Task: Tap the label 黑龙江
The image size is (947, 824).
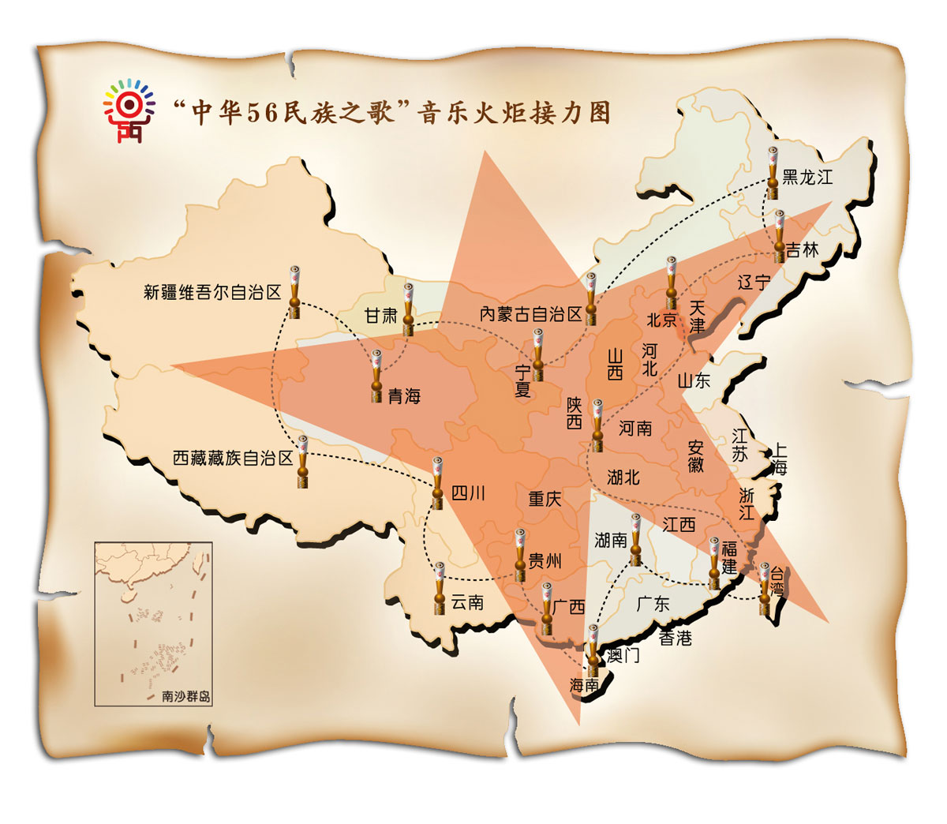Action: (x=807, y=177)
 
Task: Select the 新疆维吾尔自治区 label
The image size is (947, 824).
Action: (x=212, y=293)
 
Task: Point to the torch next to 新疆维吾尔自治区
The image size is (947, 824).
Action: (x=294, y=292)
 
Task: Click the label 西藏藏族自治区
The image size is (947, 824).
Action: (x=233, y=458)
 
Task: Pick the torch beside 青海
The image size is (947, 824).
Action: (x=377, y=376)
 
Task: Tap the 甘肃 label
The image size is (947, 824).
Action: (x=380, y=316)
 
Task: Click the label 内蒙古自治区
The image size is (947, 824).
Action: (x=530, y=314)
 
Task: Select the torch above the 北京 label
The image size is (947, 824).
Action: (x=671, y=282)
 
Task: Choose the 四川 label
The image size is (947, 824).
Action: (x=468, y=494)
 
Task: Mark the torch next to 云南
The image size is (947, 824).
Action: (x=439, y=588)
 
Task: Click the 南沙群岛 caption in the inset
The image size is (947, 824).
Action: (x=186, y=697)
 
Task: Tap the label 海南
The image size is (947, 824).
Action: (x=585, y=685)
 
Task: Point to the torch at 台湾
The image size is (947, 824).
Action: (x=764, y=589)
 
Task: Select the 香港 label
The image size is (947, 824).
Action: (x=676, y=638)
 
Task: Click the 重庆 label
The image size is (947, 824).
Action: (x=545, y=499)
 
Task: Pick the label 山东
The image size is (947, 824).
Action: (x=694, y=380)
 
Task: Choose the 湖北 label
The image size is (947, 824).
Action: (x=623, y=477)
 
